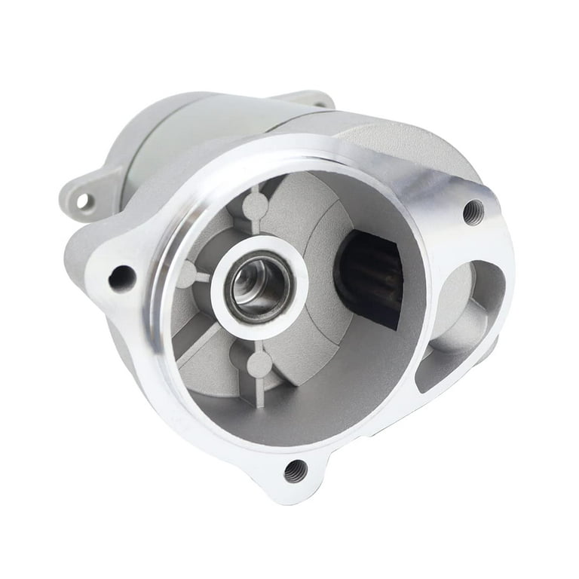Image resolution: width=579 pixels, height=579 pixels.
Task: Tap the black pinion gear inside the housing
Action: tap(370, 278)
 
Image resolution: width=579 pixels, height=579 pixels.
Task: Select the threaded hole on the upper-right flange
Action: tap(473, 212)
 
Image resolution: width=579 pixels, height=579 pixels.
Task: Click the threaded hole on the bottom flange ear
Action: tap(296, 471)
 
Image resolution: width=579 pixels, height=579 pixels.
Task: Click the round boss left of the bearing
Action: tap(187, 274)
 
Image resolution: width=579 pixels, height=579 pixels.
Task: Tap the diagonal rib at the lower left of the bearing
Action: tap(202, 344)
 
